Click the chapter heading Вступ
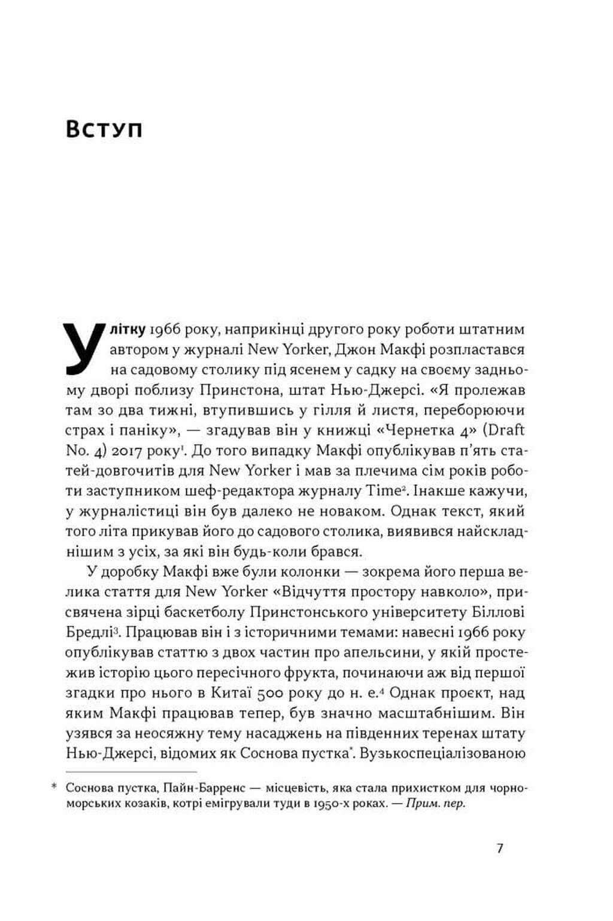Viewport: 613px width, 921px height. click(104, 129)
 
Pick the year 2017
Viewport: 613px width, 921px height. click(129, 451)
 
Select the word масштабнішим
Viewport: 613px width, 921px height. click(435, 713)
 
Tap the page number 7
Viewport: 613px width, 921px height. click(500, 848)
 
